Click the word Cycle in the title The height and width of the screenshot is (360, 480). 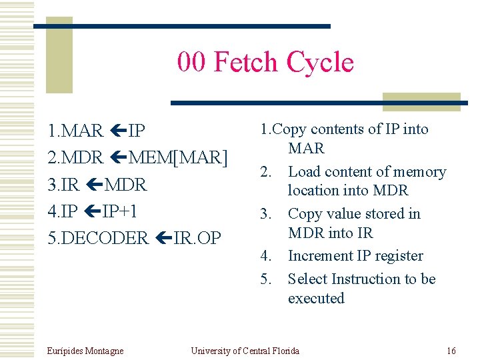[320, 63]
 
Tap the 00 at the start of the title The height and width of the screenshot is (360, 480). [191, 63]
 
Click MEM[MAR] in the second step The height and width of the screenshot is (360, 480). [179, 157]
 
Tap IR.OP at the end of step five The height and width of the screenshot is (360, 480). [197, 238]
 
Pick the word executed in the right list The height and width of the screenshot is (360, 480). [316, 298]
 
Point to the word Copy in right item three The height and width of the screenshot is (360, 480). [304, 214]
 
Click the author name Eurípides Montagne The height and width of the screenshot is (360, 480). [86, 351]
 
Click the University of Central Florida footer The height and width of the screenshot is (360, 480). [245, 351]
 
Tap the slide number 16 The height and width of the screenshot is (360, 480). [451, 351]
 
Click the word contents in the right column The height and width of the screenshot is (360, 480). [337, 129]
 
